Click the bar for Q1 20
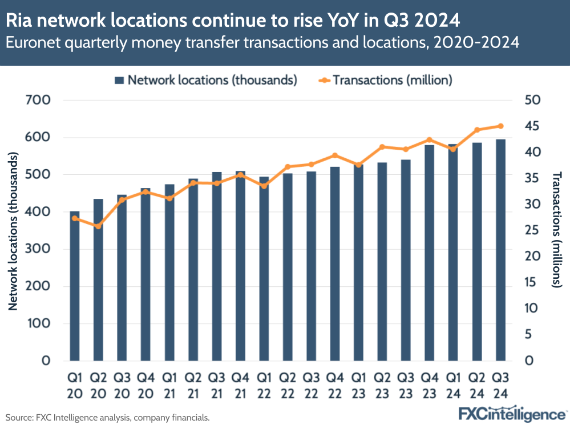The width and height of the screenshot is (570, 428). click(x=75, y=286)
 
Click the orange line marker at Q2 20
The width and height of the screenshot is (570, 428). click(x=98, y=226)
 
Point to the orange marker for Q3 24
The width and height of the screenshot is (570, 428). click(x=500, y=126)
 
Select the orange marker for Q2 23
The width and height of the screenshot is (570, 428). click(x=382, y=147)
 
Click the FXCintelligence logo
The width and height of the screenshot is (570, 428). click(x=512, y=414)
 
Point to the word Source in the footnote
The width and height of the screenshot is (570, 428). click(x=19, y=418)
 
